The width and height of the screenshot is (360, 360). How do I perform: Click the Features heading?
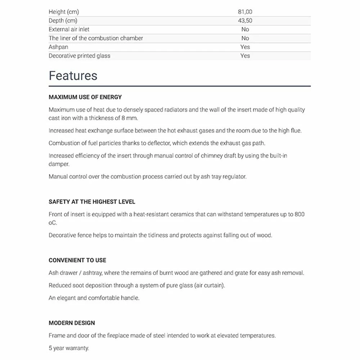(73, 76)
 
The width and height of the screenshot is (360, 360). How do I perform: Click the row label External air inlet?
(69, 29)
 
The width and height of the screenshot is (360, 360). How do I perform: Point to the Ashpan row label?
(58, 47)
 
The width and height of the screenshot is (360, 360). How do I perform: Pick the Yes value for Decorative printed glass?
(245, 56)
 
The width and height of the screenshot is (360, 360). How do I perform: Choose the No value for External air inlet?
(245, 29)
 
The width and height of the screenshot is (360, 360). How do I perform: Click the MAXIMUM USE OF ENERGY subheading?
(85, 97)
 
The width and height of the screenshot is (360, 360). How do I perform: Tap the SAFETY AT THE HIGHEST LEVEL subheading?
(92, 202)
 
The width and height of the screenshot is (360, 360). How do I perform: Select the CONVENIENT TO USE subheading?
(77, 260)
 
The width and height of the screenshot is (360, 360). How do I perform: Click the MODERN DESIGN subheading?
(72, 323)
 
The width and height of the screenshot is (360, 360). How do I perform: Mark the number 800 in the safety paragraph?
(299, 214)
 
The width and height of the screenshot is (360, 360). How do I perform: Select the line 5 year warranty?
(69, 348)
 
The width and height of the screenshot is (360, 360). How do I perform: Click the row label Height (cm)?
(64, 12)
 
